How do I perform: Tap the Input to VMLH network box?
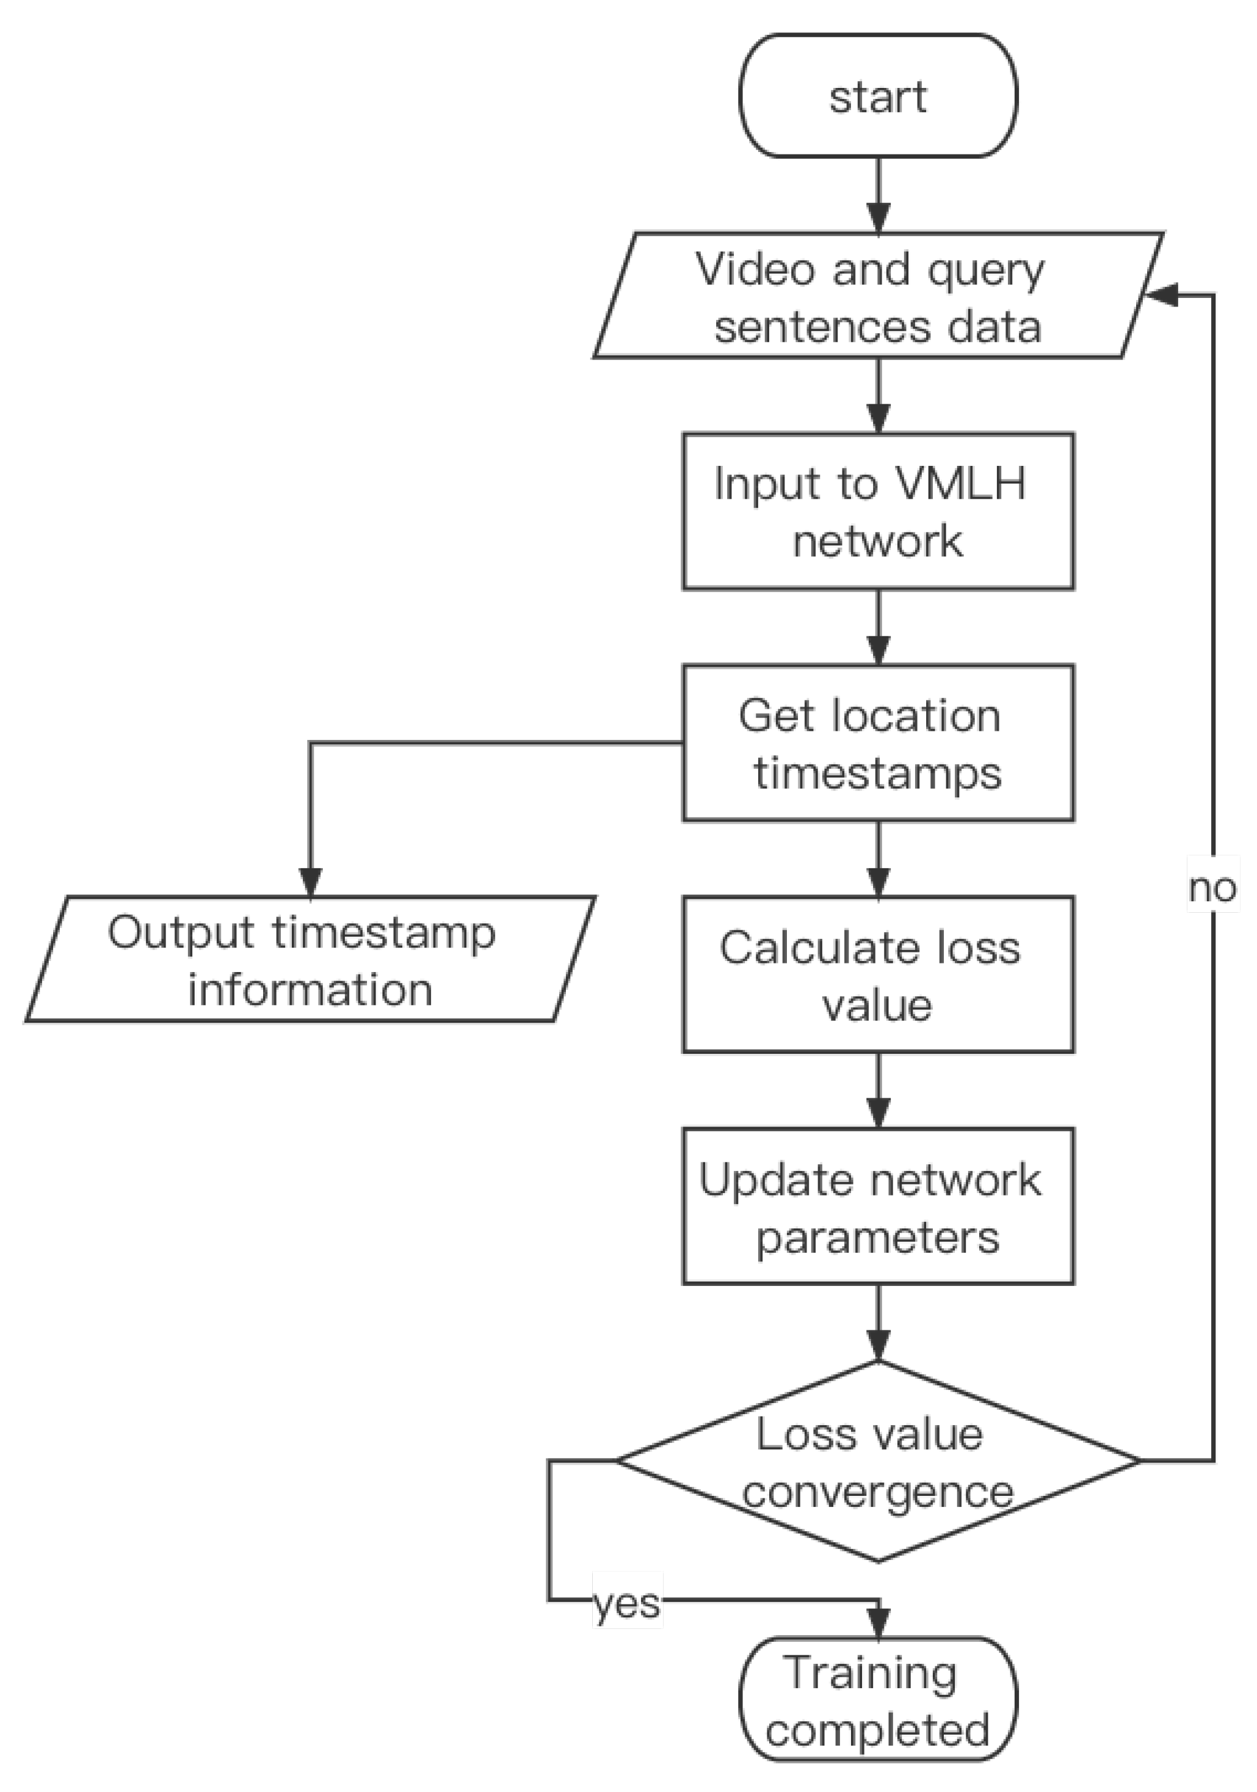[x=878, y=511]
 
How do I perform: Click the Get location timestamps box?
[x=878, y=742]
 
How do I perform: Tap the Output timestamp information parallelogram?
[x=311, y=959]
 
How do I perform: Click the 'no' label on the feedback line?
[x=1212, y=889]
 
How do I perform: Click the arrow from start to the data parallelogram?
[x=878, y=195]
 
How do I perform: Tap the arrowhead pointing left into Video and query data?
[x=1161, y=295]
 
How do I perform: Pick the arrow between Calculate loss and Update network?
[x=878, y=1090]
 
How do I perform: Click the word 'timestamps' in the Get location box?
[x=878, y=774]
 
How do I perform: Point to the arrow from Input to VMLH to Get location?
[x=878, y=626]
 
